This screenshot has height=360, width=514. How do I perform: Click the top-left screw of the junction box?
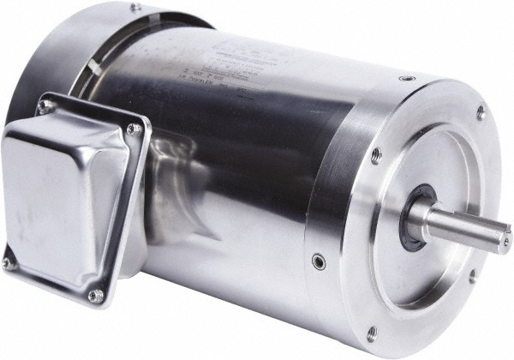(x=43, y=106)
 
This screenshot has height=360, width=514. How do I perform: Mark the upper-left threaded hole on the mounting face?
(x=375, y=155)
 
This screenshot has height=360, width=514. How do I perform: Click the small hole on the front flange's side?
(x=319, y=260)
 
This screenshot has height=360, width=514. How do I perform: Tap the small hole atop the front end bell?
(x=405, y=78)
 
